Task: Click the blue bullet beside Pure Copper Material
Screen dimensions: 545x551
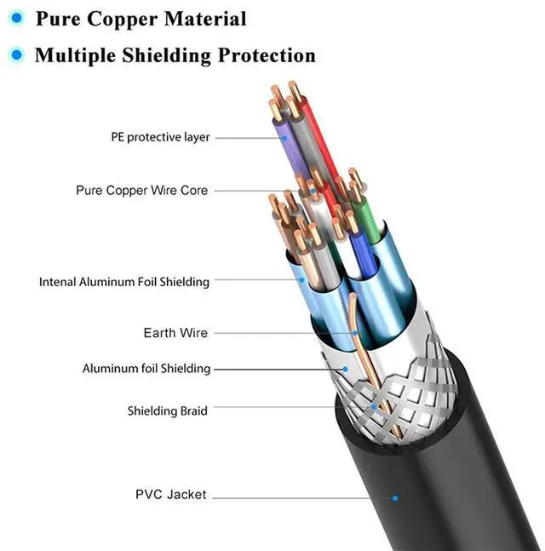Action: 16,18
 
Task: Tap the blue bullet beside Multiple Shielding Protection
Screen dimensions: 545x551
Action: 16,55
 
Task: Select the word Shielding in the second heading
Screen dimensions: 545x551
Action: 166,56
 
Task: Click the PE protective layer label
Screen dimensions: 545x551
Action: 160,137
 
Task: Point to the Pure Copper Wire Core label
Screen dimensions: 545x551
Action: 142,191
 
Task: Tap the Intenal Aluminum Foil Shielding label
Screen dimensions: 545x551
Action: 124,282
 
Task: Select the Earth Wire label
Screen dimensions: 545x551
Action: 175,333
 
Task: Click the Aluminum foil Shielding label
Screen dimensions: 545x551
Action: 146,369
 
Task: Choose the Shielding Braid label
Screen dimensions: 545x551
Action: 167,410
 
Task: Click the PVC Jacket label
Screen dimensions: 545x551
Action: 171,495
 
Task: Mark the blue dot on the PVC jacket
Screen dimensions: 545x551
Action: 395,498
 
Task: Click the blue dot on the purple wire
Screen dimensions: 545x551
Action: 284,138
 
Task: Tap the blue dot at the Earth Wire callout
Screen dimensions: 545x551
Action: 355,333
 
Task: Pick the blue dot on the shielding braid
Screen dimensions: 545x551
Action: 373,407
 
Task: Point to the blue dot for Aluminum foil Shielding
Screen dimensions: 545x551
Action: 345,369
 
